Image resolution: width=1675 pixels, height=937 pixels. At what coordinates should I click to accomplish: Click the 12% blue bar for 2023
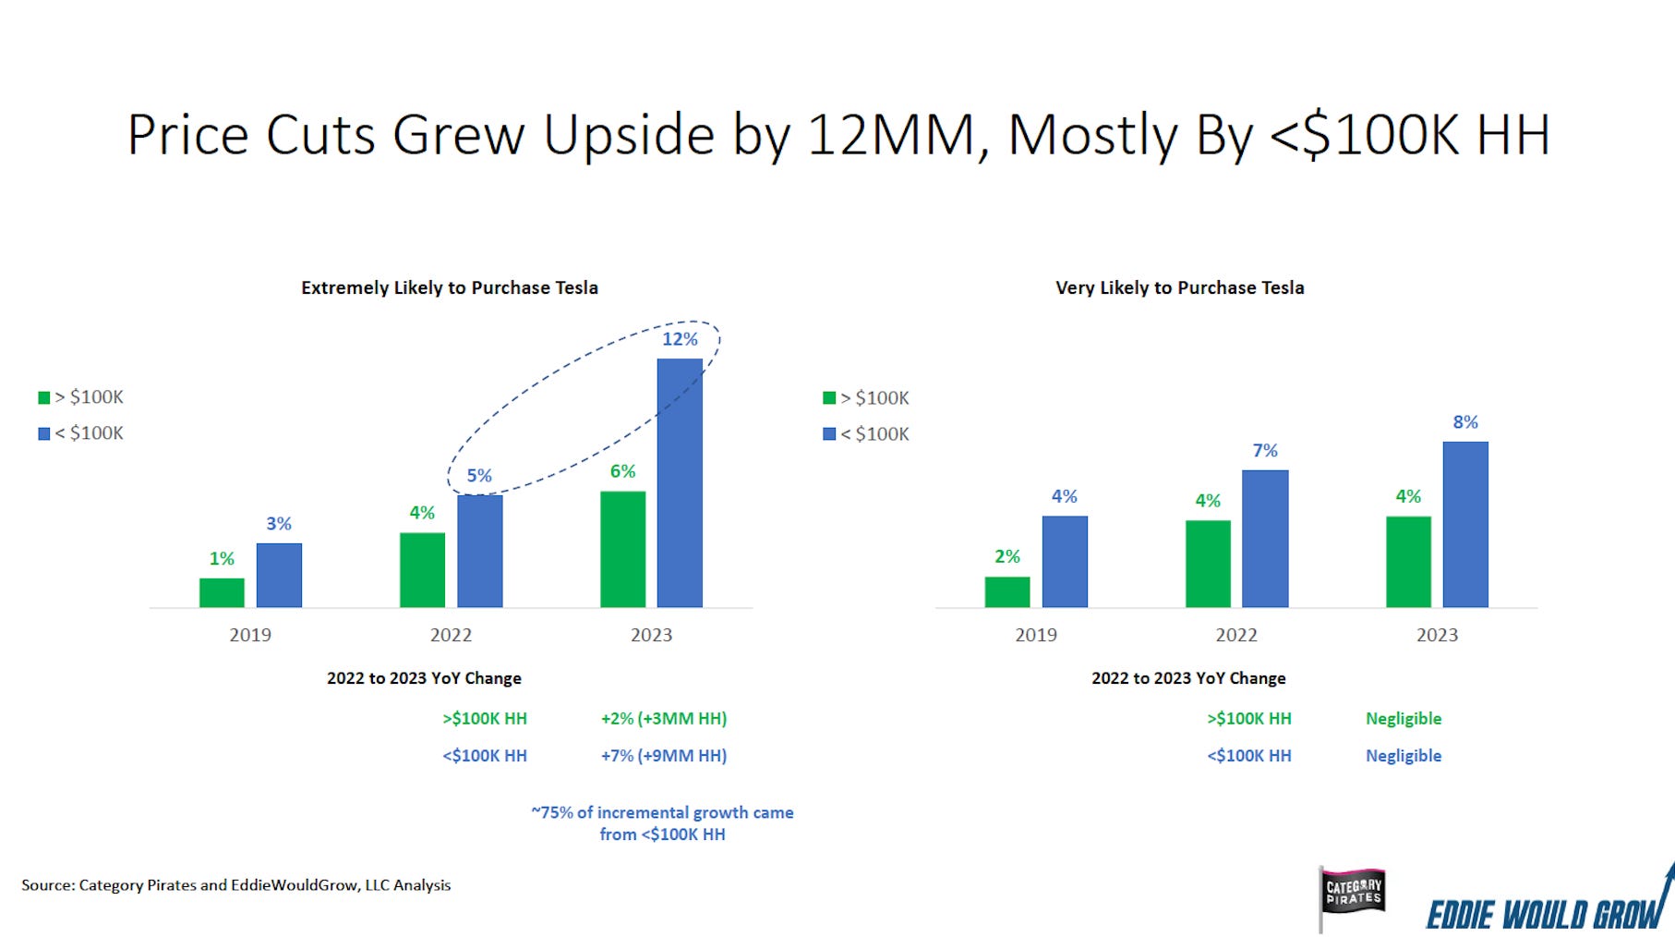680,482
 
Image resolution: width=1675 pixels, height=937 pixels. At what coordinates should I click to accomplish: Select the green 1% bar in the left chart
222,592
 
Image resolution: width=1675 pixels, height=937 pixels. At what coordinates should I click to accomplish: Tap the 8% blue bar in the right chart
1465,524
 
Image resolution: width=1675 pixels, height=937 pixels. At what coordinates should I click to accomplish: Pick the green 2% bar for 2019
1007,591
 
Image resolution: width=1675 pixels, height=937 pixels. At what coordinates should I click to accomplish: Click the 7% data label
1265,451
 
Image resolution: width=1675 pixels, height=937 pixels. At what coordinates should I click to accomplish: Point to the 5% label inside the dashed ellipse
479,476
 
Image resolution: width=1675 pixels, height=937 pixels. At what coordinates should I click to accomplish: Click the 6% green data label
623,471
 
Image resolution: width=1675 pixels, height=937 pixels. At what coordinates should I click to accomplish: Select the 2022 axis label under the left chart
451,635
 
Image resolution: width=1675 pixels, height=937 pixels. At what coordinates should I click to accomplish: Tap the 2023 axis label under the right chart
1437,635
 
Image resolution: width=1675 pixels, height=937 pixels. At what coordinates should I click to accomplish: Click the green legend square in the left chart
43,397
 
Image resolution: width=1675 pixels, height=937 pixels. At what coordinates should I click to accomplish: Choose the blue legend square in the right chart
829,433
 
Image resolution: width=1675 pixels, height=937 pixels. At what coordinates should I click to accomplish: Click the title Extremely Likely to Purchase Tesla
450,287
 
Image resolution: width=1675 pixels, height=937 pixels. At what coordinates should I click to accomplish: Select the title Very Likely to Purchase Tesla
1179,287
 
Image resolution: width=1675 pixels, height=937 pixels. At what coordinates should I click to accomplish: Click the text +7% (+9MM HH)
664,755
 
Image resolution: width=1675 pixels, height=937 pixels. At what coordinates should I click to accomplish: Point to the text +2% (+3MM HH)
664,718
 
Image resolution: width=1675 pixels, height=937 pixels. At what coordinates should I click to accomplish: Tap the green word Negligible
1404,718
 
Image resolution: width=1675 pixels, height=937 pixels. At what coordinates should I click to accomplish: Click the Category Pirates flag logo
1353,894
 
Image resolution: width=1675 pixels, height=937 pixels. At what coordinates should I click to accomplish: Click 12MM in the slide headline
891,135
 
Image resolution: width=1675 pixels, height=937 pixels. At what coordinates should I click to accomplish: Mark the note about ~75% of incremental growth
662,822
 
